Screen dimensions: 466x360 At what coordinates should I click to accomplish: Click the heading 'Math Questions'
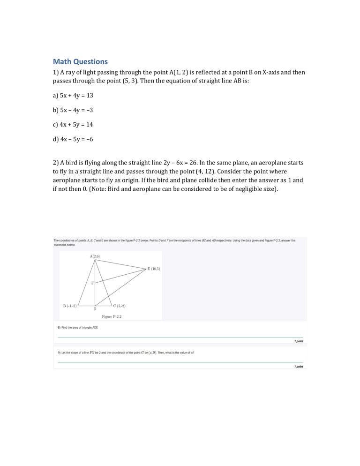point(80,61)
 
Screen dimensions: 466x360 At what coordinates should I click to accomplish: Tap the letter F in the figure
point(92,283)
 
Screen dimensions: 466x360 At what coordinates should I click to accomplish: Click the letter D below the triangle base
point(95,309)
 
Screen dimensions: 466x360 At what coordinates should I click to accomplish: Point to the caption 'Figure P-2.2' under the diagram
point(111,316)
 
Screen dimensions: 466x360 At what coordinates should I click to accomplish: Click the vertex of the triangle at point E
point(146,268)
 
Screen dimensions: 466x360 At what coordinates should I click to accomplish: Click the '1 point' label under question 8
point(298,341)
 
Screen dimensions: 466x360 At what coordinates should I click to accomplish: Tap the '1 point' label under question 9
point(298,367)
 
